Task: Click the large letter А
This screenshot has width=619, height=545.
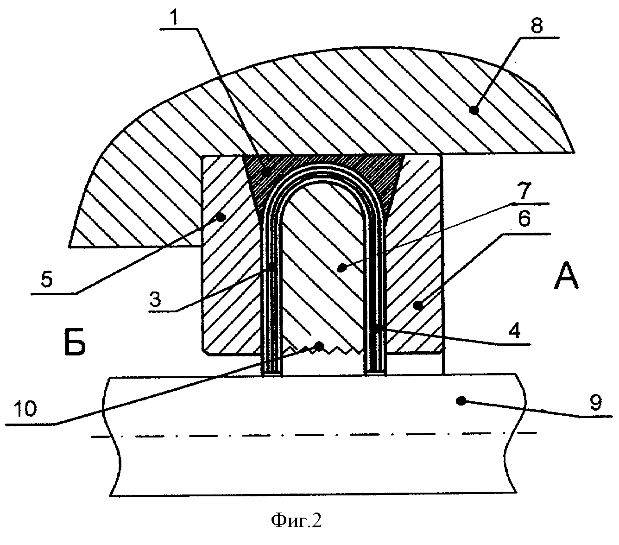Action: [566, 278]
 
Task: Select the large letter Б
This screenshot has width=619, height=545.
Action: [74, 343]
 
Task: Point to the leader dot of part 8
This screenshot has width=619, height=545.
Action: [474, 110]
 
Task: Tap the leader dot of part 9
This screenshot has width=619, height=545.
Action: [460, 400]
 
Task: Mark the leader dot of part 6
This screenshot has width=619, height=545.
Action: [418, 304]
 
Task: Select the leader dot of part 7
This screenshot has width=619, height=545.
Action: [342, 267]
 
